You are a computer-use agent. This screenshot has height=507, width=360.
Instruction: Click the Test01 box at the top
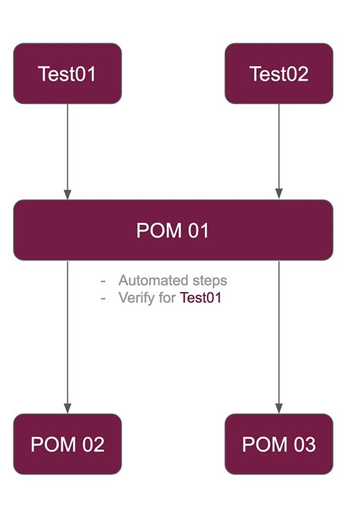(x=68, y=74)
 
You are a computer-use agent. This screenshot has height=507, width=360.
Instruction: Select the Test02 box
(x=279, y=74)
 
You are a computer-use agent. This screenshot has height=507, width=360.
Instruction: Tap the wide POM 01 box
(x=173, y=230)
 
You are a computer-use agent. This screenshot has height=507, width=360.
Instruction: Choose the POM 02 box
(x=68, y=444)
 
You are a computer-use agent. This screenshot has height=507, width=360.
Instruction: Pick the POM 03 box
(x=279, y=444)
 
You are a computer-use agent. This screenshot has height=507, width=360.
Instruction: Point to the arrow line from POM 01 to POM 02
(x=68, y=334)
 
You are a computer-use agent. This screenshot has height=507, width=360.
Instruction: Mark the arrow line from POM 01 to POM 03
(x=279, y=334)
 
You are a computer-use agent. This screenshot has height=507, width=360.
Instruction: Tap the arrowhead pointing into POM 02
(x=68, y=408)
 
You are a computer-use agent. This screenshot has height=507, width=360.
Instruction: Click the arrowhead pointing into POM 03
(x=279, y=408)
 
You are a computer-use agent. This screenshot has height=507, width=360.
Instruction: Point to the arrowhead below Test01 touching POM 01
(x=68, y=194)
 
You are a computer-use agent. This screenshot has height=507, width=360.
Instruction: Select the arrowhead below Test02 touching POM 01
(x=279, y=194)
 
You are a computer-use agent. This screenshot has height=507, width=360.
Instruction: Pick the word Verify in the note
(x=135, y=298)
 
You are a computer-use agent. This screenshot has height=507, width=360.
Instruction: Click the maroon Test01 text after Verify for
(x=200, y=298)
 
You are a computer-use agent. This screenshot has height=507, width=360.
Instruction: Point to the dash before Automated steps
(x=103, y=281)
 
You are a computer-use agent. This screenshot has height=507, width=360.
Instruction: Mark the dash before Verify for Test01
(x=103, y=298)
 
